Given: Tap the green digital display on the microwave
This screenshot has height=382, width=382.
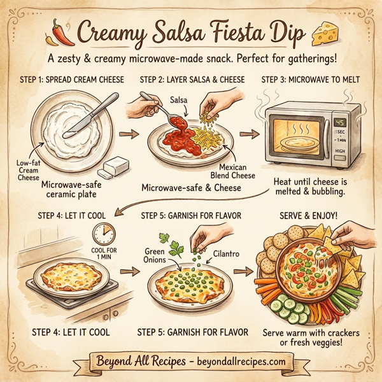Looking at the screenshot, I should tap(339, 123).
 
